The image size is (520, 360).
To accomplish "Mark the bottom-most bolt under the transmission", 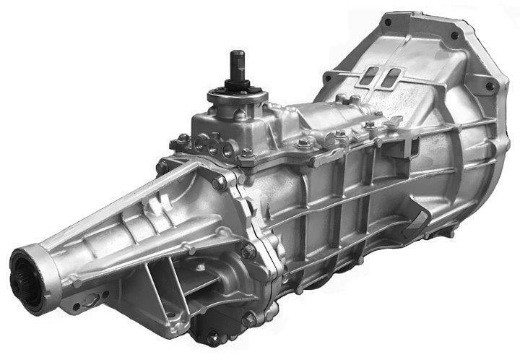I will point(212,337).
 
